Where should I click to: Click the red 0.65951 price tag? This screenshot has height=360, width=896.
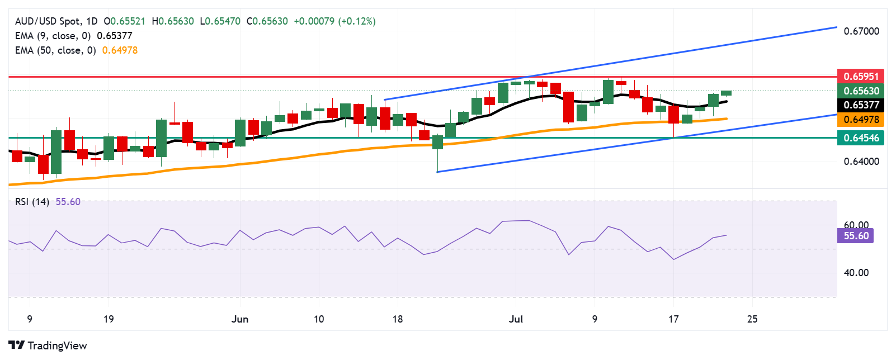(861, 77)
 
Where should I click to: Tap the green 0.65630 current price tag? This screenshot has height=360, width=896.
(861, 91)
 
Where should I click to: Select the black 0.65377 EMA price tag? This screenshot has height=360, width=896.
(861, 105)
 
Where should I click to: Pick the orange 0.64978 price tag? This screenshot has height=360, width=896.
(861, 120)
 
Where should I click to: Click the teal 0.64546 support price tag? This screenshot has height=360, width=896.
(861, 138)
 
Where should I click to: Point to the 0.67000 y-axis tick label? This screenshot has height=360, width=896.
(861, 31)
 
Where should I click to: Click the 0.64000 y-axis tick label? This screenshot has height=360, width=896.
(861, 162)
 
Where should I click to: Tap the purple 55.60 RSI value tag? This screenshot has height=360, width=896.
(856, 236)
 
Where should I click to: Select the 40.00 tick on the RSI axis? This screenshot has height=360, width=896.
(856, 273)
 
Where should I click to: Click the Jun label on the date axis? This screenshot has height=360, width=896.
(240, 319)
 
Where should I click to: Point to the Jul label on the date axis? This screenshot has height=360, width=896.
(516, 319)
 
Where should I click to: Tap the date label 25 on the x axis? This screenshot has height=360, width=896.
(752, 319)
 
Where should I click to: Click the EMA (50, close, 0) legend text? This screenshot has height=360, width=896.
(55, 50)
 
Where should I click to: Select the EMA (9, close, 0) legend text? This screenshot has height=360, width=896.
(53, 36)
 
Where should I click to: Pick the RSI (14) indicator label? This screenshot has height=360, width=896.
(32, 202)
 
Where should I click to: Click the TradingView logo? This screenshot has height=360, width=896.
(48, 345)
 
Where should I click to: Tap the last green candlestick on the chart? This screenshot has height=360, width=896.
(726, 93)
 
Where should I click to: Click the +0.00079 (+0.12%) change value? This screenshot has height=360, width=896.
(334, 21)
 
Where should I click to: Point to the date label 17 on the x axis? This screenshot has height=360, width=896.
(673, 319)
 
